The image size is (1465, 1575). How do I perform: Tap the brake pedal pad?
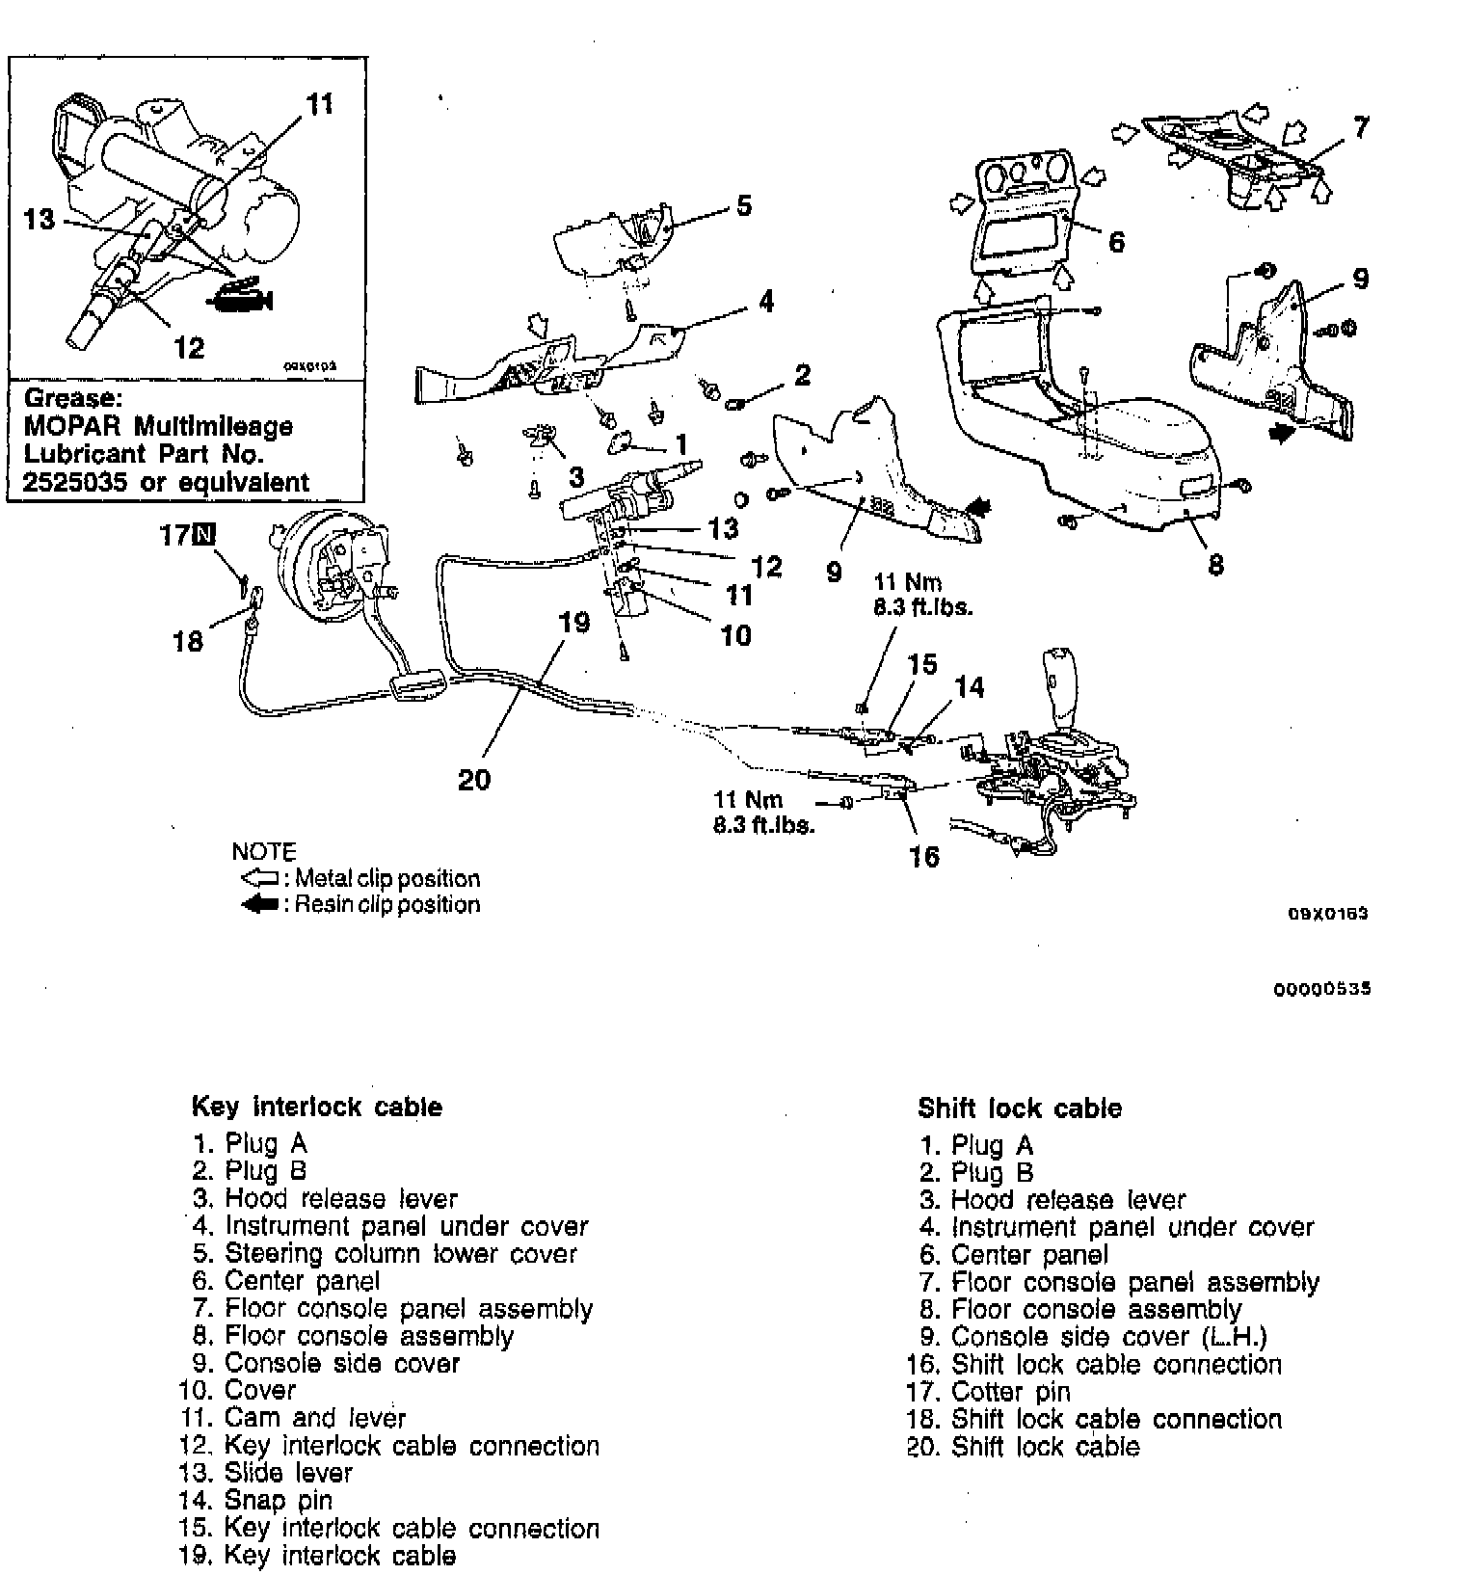(x=416, y=687)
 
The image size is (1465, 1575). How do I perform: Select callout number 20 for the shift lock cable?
(x=474, y=779)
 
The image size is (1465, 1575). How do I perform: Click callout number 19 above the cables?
(x=574, y=622)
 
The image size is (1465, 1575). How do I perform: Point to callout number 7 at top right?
(x=1361, y=127)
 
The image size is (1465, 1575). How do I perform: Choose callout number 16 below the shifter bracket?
(x=924, y=856)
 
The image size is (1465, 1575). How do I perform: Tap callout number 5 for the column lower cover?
(x=743, y=205)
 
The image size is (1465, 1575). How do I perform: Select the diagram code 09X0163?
(x=1329, y=914)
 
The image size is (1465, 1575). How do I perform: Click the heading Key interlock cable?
(x=317, y=1107)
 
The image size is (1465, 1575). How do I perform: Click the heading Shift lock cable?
(x=1020, y=1108)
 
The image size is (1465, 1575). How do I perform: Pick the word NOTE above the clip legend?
(x=264, y=852)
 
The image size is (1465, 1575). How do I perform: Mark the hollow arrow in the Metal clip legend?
(x=259, y=879)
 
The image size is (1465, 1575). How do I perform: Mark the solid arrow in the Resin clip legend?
(x=259, y=905)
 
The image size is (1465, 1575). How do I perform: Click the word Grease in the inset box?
(x=72, y=397)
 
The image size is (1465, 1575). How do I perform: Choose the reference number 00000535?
(x=1321, y=989)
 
